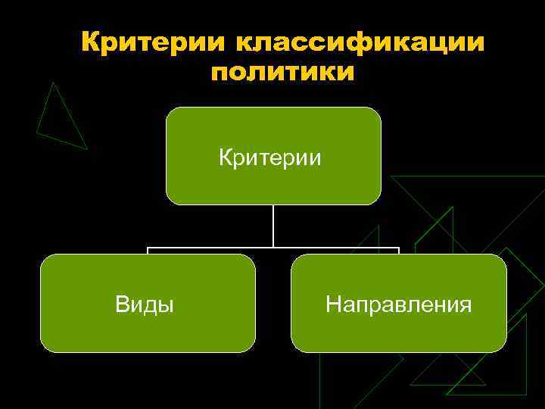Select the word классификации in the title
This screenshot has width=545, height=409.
(x=360, y=43)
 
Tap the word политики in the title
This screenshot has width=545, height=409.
(x=282, y=73)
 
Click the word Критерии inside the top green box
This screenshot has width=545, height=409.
(x=270, y=158)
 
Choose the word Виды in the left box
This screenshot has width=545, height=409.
(x=145, y=304)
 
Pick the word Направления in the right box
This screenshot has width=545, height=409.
(x=398, y=304)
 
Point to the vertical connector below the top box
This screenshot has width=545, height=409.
(x=273, y=225)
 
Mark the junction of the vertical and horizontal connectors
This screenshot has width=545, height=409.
(x=273, y=247)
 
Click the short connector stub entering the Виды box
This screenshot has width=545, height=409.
(x=148, y=251)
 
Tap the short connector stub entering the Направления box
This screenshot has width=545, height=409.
(x=398, y=251)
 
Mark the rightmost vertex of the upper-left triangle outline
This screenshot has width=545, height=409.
(x=87, y=148)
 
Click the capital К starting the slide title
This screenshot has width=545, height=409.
(x=91, y=43)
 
